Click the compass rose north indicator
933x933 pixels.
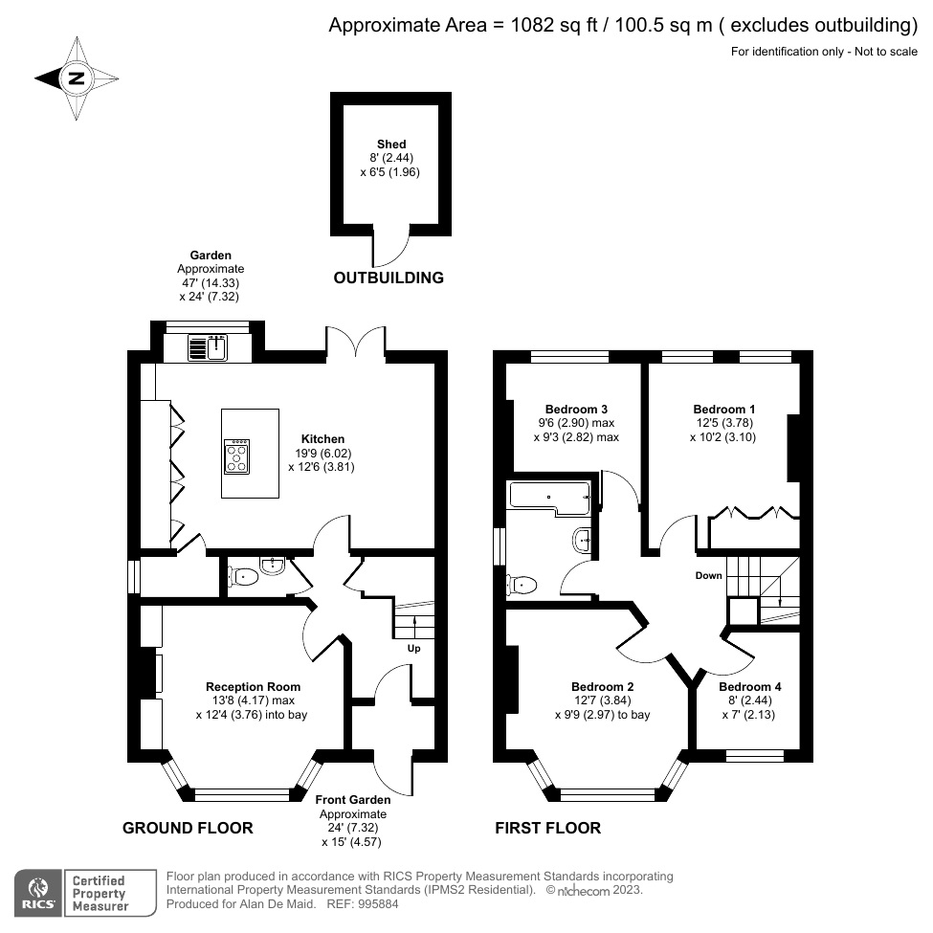click(77, 79)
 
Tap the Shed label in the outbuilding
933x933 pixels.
click(390, 144)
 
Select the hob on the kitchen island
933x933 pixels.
click(235, 455)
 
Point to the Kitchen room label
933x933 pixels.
click(325, 439)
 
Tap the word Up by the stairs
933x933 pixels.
click(414, 648)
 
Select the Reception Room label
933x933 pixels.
click(253, 686)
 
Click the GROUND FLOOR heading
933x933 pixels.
click(188, 828)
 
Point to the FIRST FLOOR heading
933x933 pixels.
click(547, 828)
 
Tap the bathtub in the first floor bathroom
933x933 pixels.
click(547, 495)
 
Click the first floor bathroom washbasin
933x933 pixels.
click(583, 542)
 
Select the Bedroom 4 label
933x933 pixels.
click(749, 687)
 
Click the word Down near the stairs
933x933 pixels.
click(709, 576)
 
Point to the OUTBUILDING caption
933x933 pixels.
click(388, 278)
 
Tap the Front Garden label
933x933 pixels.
click(353, 800)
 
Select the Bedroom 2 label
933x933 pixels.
click(603, 686)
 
